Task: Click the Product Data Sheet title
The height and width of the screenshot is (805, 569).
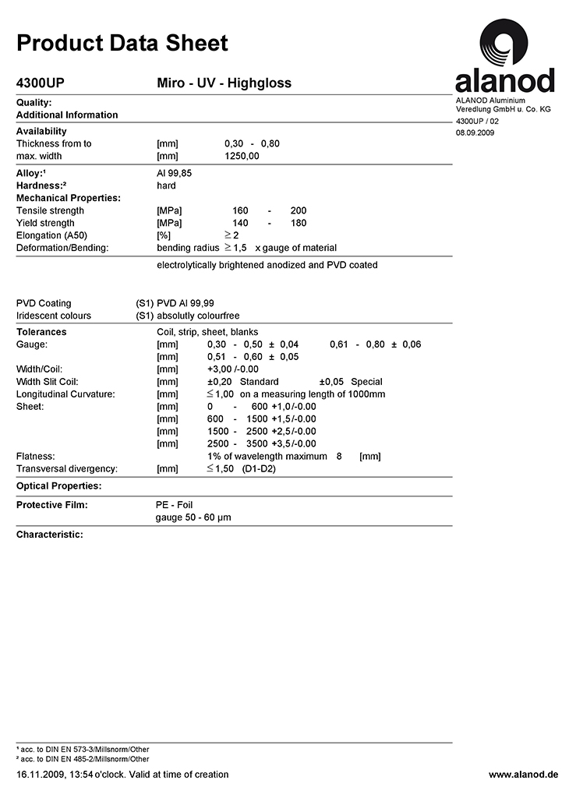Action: click(122, 43)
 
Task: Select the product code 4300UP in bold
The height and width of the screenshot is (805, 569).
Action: click(46, 83)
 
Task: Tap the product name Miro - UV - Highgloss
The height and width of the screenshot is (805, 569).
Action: click(224, 83)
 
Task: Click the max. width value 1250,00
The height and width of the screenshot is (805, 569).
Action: click(242, 156)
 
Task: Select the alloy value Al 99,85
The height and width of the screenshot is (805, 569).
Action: click(174, 173)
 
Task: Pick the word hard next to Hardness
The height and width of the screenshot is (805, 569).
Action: click(166, 185)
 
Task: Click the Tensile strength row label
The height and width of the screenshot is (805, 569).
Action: click(50, 210)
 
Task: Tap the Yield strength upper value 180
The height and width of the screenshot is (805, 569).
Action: click(298, 223)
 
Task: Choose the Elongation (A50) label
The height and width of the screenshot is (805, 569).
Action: click(50, 235)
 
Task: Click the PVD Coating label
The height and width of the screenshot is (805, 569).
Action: click(44, 303)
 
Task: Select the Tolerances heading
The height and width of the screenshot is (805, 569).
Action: click(41, 332)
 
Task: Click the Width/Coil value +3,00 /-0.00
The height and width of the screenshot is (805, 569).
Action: click(232, 369)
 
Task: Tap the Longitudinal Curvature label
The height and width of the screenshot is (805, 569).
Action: click(65, 394)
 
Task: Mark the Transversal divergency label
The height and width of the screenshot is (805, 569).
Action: click(67, 468)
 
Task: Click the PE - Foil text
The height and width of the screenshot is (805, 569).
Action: click(175, 505)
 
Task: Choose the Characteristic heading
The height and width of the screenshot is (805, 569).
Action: click(49, 535)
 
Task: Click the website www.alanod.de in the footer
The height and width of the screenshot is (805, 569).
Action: click(523, 775)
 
